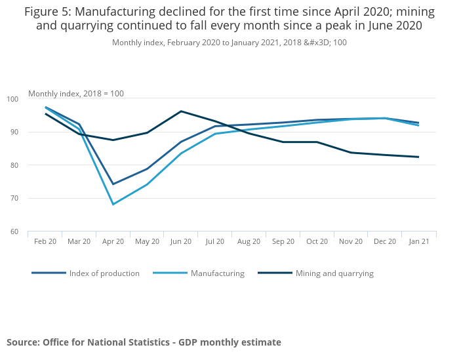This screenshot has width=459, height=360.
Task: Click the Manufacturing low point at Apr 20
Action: click(113, 205)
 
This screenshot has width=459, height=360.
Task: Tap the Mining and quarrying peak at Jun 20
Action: click(181, 111)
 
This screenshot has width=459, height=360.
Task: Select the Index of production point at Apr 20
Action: click(113, 184)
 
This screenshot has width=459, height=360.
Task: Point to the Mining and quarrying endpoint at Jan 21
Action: click(419, 157)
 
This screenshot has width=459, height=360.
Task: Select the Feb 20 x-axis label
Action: click(45, 241)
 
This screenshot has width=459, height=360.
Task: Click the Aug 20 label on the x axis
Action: click(249, 241)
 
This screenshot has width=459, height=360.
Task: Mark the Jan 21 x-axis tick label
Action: click(419, 241)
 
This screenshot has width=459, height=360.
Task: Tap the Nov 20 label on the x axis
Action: click(351, 241)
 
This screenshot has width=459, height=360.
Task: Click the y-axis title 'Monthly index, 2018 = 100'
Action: click(76, 94)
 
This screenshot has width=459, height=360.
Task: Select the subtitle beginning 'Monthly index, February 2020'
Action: click(229, 43)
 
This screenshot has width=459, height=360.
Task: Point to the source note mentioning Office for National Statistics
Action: click(144, 342)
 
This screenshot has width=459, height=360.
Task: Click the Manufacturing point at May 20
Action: click(147, 184)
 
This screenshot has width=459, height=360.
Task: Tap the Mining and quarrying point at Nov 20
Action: click(351, 153)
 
